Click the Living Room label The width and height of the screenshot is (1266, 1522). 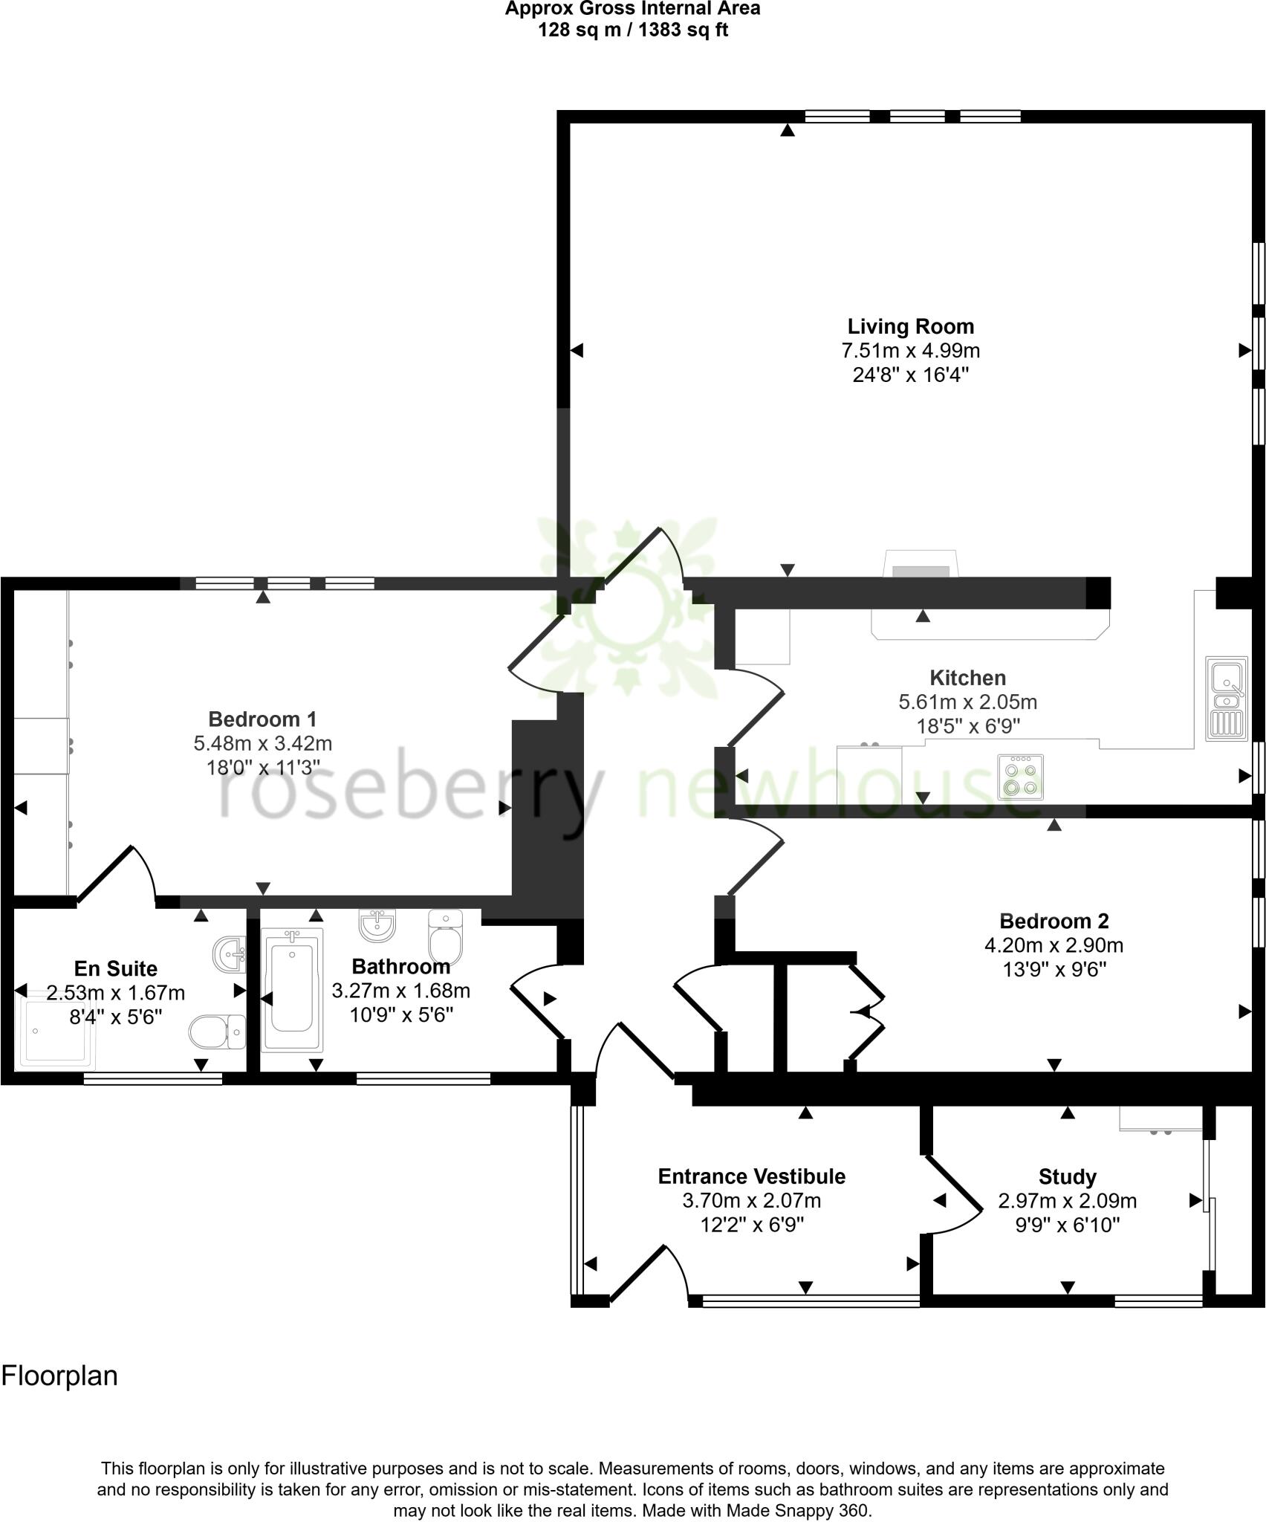[910, 326]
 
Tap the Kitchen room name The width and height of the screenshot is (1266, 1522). [967, 678]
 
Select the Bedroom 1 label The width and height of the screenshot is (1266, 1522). [262, 719]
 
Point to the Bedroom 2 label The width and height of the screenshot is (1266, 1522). [1054, 921]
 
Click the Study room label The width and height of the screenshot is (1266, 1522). [1067, 1176]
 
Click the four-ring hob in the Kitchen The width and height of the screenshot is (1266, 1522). [1021, 777]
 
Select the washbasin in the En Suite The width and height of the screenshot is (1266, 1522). [230, 953]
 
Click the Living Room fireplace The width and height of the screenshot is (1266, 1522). [921, 564]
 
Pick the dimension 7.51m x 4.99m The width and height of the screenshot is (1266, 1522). [910, 350]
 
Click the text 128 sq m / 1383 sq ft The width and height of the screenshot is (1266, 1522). [633, 30]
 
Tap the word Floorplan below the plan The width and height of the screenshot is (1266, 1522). [59, 1376]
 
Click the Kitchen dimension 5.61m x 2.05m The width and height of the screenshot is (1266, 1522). [967, 702]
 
